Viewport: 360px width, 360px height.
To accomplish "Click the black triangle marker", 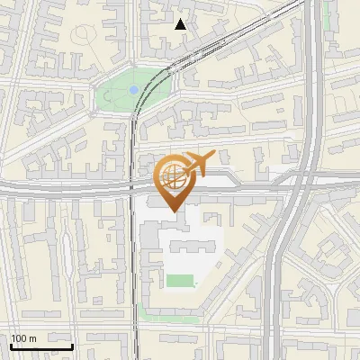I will (181, 23).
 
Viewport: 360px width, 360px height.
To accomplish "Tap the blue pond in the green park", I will (134, 90).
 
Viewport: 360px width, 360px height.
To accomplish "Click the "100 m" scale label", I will (23, 338).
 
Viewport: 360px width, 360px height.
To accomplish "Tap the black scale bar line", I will (41, 346).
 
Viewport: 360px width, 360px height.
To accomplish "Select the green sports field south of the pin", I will (181, 282).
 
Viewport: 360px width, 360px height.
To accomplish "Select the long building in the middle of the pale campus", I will (188, 244).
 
